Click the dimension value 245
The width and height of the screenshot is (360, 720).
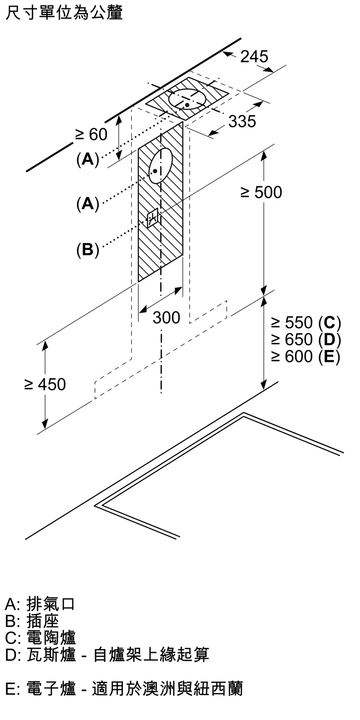(254, 57)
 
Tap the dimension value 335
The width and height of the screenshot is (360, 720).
(242, 121)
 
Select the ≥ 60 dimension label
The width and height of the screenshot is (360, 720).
(91, 135)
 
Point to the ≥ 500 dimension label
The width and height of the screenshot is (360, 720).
(261, 193)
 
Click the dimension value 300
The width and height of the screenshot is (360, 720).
(166, 318)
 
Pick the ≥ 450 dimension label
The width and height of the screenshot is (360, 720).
(45, 384)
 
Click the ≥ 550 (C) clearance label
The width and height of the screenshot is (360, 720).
(306, 323)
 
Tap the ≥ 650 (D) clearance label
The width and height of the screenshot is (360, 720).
(306, 339)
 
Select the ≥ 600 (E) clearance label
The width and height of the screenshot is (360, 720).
(306, 356)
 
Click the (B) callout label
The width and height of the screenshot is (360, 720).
(87, 249)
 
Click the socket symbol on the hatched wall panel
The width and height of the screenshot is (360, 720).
(153, 218)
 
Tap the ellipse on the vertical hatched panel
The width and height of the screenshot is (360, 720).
(161, 166)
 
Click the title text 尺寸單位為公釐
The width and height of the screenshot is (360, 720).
(64, 12)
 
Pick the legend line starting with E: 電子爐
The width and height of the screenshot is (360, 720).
(124, 689)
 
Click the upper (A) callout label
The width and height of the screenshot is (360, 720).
(87, 159)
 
